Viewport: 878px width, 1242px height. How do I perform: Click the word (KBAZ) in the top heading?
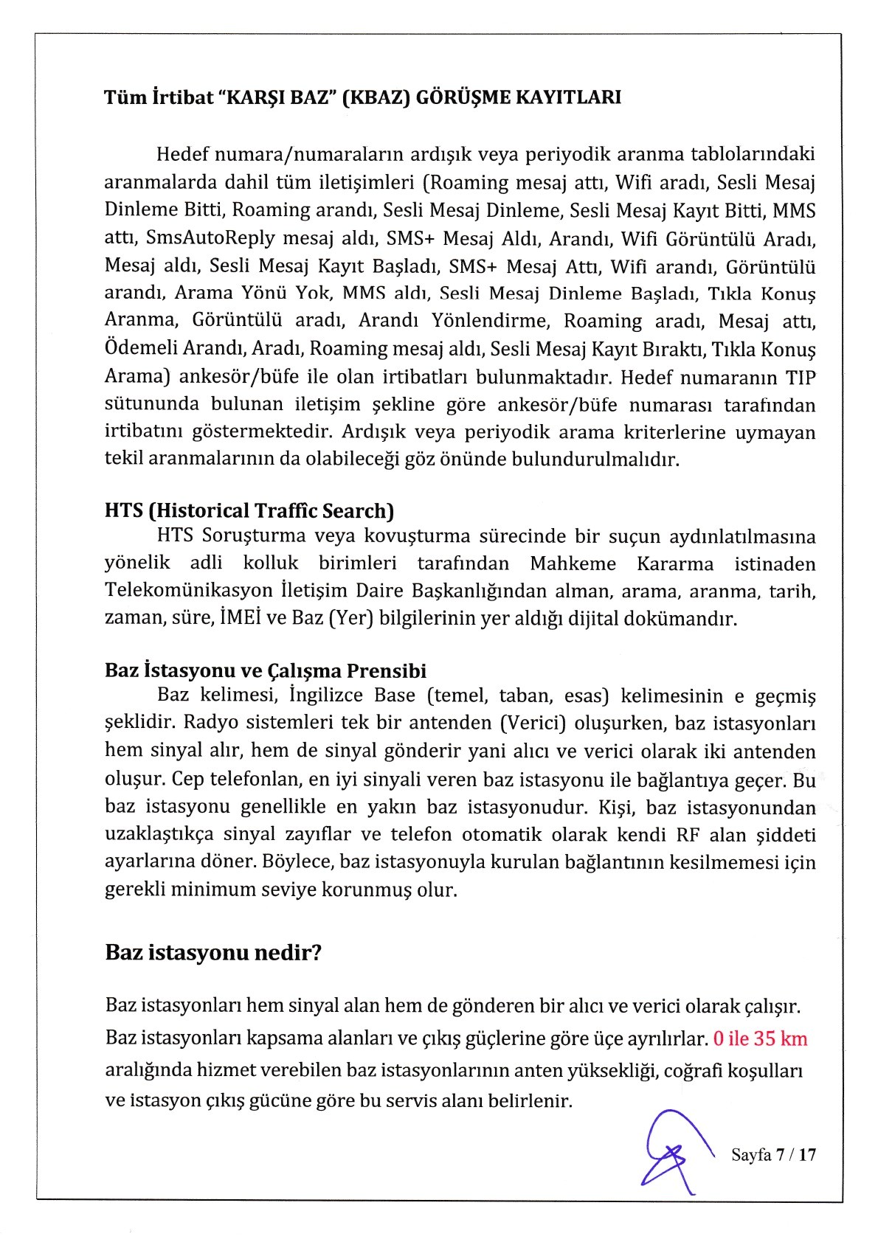coord(375,97)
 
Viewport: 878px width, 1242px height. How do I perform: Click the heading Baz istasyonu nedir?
coord(214,951)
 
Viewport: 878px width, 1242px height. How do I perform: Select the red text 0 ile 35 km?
coord(761,1039)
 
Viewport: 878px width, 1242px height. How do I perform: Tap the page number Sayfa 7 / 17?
coord(774,1154)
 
